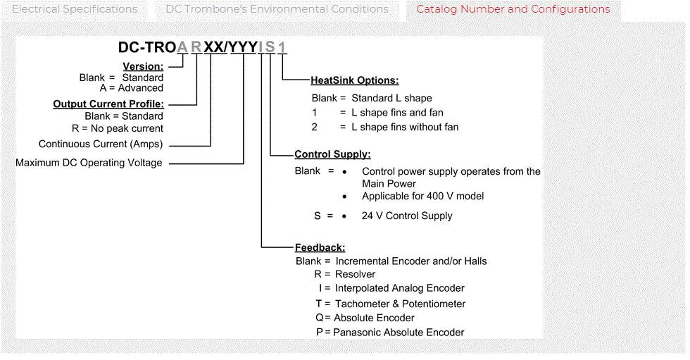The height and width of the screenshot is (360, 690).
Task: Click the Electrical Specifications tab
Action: [75, 10]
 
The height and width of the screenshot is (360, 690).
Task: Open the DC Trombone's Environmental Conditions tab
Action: [277, 10]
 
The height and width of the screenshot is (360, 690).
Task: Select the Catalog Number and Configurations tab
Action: [513, 10]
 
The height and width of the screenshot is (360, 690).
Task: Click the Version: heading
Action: [143, 66]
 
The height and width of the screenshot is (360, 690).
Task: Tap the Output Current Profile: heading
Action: [108, 104]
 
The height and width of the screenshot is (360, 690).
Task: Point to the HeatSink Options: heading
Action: [354, 80]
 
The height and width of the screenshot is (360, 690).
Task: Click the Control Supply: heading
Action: [332, 154]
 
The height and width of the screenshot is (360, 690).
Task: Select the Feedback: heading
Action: [320, 247]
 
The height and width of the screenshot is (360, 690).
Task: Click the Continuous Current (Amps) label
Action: [101, 144]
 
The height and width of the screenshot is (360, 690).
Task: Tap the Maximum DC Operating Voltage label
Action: [89, 163]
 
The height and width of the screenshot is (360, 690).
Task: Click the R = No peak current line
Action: [124, 128]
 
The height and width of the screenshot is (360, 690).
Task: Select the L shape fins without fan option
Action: [399, 128]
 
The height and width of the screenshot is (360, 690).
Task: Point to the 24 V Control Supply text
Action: [407, 216]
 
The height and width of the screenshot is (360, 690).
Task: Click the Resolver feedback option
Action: [355, 274]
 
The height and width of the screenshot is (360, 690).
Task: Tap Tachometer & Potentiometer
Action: [399, 304]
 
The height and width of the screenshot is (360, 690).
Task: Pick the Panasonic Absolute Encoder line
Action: [399, 332]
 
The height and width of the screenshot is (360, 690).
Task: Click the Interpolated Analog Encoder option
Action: [399, 288]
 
